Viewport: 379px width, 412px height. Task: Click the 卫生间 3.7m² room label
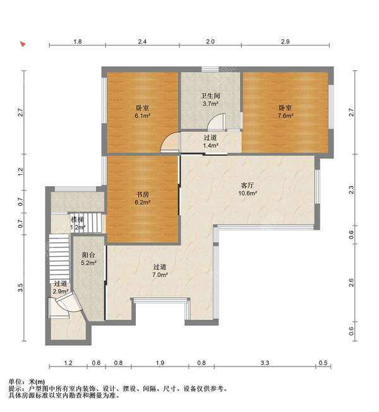click(210, 100)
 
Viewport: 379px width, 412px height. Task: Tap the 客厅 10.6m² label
click(248, 189)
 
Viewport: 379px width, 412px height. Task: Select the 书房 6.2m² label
click(143, 198)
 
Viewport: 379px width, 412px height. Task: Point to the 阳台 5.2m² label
click(88, 259)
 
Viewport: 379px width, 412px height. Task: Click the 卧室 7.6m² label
click(286, 112)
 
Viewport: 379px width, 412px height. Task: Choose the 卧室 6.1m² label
click(143, 112)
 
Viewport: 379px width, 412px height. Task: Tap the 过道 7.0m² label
click(160, 271)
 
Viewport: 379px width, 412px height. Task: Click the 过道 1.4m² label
click(210, 141)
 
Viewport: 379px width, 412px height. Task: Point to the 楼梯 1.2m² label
click(78, 223)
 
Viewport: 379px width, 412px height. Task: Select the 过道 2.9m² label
click(61, 288)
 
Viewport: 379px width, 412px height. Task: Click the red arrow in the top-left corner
click(23, 44)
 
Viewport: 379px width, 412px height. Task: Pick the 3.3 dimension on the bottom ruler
click(265, 363)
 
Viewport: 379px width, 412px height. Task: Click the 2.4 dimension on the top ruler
click(142, 42)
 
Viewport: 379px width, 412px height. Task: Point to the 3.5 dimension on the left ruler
click(20, 288)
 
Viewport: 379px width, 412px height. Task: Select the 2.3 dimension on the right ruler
click(351, 189)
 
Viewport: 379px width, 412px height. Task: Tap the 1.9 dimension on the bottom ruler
click(160, 363)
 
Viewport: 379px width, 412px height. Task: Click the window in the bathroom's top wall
click(210, 69)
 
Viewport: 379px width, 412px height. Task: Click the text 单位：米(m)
click(27, 382)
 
